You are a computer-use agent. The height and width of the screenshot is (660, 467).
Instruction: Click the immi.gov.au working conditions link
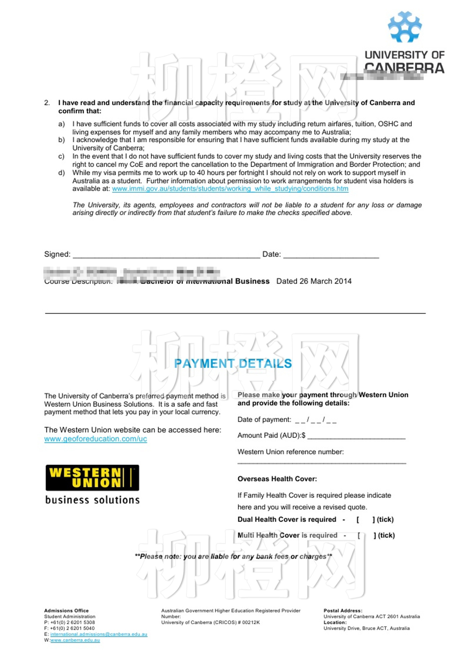pos(230,189)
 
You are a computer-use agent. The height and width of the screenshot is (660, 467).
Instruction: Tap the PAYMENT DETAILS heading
pos(233,363)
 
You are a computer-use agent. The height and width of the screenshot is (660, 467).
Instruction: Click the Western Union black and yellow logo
pos(92,478)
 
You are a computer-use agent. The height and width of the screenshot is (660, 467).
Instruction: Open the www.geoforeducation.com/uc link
pos(96,439)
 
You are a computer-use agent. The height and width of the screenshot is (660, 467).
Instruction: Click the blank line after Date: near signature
pos(331,255)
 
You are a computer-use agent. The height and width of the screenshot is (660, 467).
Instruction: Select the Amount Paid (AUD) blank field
pos(356,436)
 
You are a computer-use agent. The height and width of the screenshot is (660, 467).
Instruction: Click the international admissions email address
pos(99,634)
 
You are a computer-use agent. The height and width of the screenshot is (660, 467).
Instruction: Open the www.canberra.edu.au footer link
pos(75,640)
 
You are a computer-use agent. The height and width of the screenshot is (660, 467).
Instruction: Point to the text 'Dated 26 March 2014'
pos(314,281)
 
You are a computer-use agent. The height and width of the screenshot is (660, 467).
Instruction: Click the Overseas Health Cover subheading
pos(277,479)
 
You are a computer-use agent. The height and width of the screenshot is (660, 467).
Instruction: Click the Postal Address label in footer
pos(343,611)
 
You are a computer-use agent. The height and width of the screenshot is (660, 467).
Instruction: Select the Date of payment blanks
pos(316,420)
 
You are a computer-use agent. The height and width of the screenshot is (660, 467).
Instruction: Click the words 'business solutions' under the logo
pos(92,500)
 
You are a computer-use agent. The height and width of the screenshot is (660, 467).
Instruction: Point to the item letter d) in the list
pos(61,173)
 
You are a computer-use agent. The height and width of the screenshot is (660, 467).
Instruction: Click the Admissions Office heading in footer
pos(66,611)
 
